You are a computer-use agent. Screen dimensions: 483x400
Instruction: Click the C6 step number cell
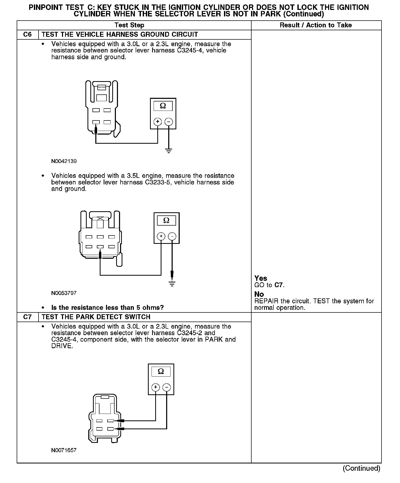click(27, 34)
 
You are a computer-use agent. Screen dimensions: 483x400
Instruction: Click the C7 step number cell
click(27, 317)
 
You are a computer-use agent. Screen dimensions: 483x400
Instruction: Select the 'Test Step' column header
click(129, 25)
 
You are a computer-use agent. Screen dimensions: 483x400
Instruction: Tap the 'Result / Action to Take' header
click(316, 25)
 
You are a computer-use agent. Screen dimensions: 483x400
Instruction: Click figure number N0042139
click(64, 161)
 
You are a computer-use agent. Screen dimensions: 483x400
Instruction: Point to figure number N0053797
click(64, 293)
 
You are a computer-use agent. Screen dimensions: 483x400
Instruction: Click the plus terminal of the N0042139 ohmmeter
click(158, 122)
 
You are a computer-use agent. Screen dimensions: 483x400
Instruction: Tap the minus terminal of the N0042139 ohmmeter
click(169, 122)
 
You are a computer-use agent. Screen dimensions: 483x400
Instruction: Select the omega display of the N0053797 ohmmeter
click(166, 221)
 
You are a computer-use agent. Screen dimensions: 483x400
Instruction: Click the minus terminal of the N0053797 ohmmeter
click(172, 237)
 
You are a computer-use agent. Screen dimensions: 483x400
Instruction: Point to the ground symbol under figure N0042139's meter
click(169, 150)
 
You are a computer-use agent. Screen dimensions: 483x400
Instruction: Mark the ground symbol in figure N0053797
click(172, 284)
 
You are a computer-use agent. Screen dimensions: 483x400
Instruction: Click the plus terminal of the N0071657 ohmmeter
click(155, 387)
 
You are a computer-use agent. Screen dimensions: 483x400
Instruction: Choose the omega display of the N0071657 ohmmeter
click(161, 371)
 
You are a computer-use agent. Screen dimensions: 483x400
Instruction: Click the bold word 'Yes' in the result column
click(261, 278)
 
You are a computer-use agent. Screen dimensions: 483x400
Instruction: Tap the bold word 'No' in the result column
click(259, 294)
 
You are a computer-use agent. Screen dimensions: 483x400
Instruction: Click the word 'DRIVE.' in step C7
click(62, 346)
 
